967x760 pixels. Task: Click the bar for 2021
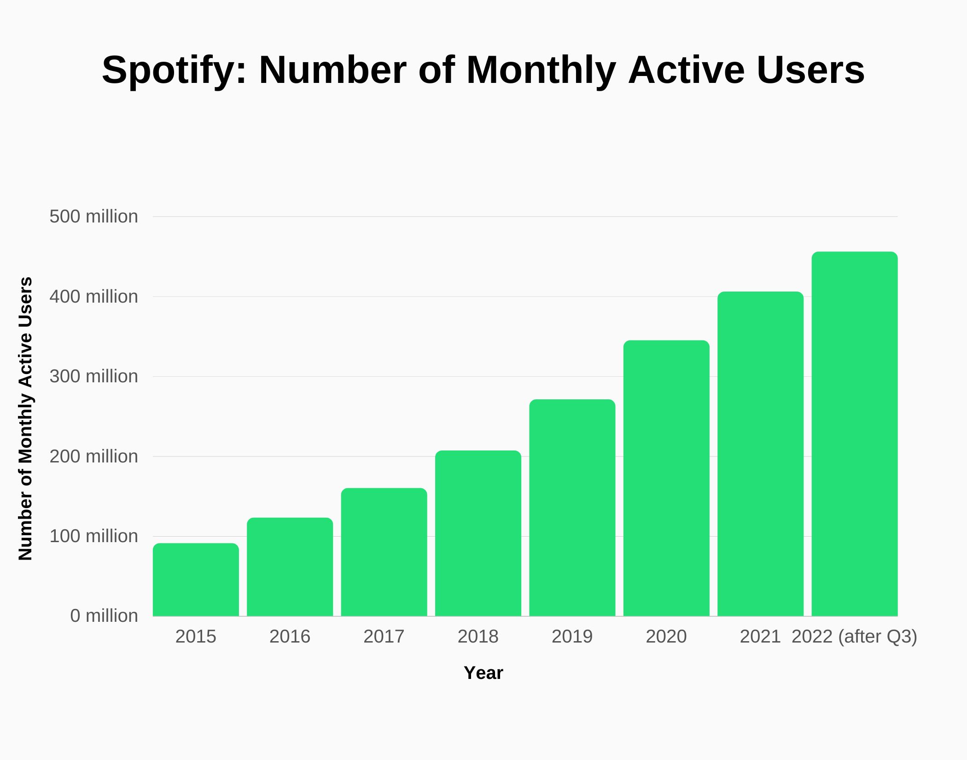pos(760,454)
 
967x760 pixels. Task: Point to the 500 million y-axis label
pos(93,216)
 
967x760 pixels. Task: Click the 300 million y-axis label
pos(93,376)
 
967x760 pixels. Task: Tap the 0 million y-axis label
pos(104,616)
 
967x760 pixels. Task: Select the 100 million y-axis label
pos(93,536)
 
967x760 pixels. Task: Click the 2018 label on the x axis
pos(478,637)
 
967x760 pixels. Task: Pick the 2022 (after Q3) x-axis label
pos(854,637)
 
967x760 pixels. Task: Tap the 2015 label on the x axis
pos(196,637)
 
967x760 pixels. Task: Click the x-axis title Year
pos(483,673)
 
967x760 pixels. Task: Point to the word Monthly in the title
pos(541,70)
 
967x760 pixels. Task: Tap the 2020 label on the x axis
pos(666,637)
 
